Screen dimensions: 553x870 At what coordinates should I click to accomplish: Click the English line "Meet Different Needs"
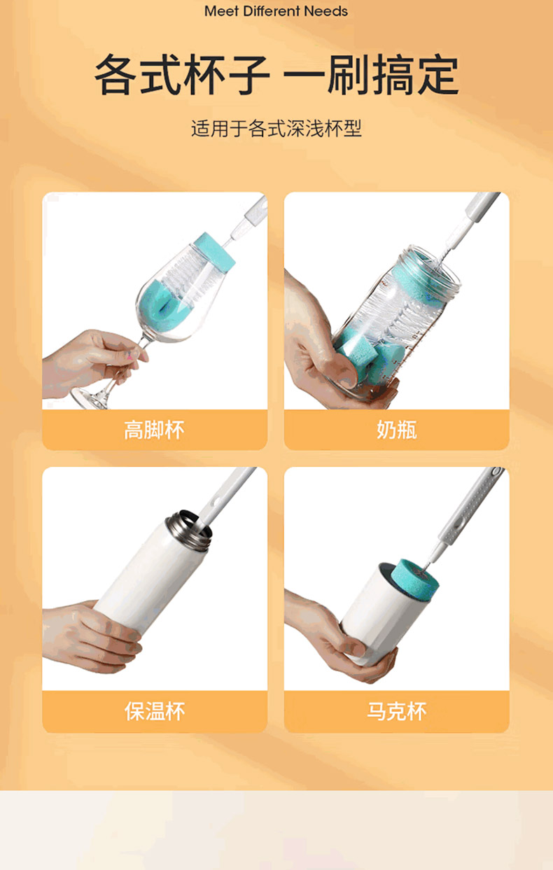[x=276, y=11]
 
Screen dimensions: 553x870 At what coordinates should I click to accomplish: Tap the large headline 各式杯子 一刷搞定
[x=276, y=75]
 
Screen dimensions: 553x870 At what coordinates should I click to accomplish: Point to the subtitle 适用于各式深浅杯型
[x=276, y=128]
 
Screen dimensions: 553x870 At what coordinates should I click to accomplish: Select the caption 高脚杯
[x=154, y=430]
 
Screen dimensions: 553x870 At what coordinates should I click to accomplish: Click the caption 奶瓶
[x=396, y=430]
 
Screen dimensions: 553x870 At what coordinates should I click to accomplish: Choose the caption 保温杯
[x=154, y=712]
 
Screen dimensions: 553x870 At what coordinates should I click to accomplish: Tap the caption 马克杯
[x=396, y=712]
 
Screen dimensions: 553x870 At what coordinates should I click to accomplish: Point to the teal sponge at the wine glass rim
[x=215, y=253]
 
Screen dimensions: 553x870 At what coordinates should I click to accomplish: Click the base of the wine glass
[x=90, y=398]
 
